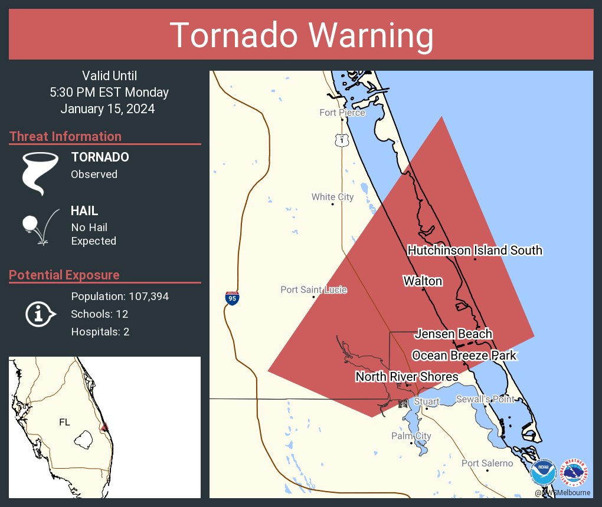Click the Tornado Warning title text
coord(301,35)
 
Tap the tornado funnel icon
coord(40,173)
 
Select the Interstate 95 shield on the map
coord(232,298)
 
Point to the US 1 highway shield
coord(342,140)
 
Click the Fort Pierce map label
coord(342,113)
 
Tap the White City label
coord(332,197)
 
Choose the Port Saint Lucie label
coord(313,289)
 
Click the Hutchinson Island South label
coord(475,251)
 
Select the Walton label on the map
coord(423,281)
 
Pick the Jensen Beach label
coord(453,334)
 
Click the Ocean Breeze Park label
coord(464,355)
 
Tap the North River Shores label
coord(407,377)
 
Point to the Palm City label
coord(411,436)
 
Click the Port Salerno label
coord(487,463)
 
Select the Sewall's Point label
coord(486,400)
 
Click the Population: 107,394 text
coord(120,297)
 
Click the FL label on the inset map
coord(64,422)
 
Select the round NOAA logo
coord(543,473)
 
